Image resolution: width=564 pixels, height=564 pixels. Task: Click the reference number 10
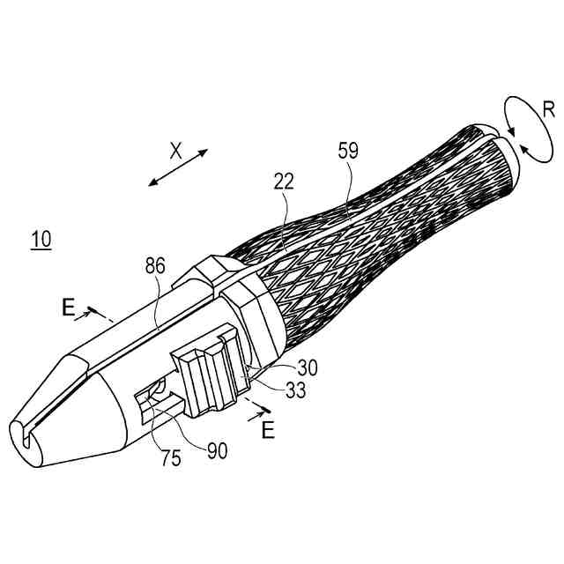click(41, 239)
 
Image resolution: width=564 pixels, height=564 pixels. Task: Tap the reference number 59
click(348, 151)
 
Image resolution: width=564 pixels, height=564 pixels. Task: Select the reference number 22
click(284, 182)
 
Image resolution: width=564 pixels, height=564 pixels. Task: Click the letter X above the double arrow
click(175, 151)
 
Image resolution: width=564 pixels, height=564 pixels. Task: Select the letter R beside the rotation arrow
click(548, 110)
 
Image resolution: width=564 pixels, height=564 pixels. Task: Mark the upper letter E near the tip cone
click(68, 308)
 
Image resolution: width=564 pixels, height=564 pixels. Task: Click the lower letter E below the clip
click(268, 430)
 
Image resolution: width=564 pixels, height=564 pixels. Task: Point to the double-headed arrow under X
click(178, 168)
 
